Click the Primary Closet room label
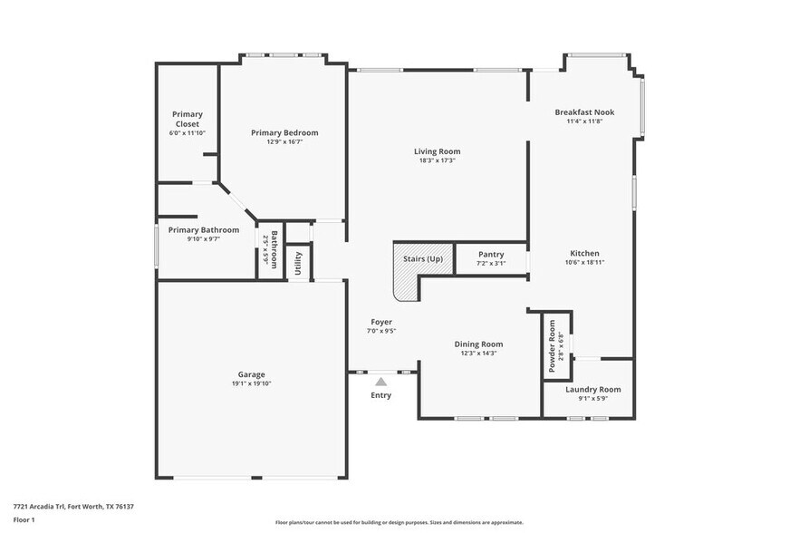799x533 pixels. [188, 119]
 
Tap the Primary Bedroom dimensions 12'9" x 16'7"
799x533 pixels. [284, 142]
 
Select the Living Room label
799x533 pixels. [438, 151]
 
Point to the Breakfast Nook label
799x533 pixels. [584, 112]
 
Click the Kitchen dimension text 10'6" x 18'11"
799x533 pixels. [584, 262]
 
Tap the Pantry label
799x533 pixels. [491, 255]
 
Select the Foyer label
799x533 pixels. [380, 322]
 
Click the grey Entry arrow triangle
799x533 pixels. [381, 382]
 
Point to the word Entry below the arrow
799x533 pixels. [381, 395]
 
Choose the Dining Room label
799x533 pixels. [478, 344]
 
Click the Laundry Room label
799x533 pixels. [592, 390]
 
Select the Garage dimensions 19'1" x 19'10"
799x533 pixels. [251, 383]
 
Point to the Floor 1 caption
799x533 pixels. [24, 519]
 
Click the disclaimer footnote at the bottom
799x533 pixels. [399, 523]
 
